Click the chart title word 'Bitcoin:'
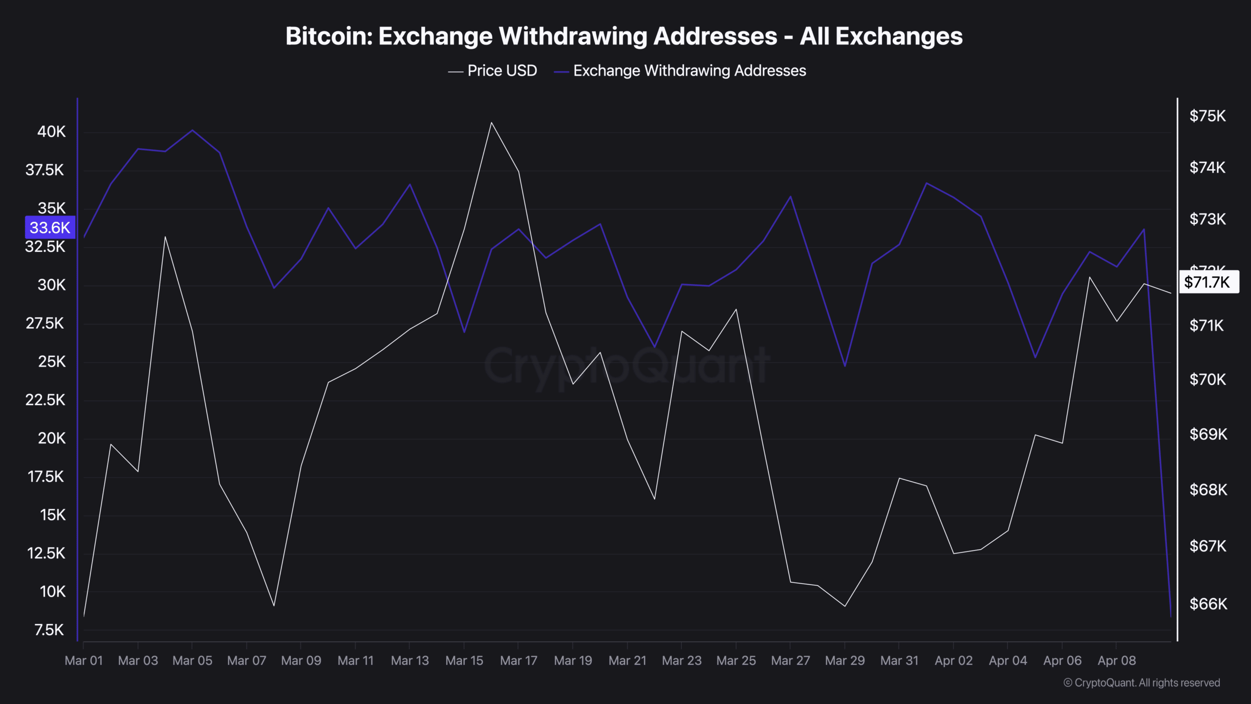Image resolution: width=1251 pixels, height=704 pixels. coord(328,37)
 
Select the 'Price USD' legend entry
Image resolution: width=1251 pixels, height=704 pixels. coord(501,71)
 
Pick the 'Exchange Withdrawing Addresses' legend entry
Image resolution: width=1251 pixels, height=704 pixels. coord(689,71)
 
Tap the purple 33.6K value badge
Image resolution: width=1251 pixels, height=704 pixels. coord(50,227)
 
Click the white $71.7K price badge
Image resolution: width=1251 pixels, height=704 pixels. coord(1208,282)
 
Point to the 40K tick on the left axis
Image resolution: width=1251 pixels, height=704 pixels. coord(51,132)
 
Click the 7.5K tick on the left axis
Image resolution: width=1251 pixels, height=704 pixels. coord(49,630)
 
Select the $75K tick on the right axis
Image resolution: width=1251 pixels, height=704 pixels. coord(1207,116)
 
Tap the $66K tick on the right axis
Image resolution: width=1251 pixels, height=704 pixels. coord(1208,604)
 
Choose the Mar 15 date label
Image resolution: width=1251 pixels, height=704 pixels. coord(464,660)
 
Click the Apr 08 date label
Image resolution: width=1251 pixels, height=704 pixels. coord(1116,660)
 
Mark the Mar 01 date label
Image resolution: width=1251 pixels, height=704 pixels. coord(84,660)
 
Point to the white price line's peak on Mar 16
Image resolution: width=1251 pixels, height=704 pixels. coord(491,123)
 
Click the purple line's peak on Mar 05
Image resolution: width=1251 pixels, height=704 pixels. coord(193,131)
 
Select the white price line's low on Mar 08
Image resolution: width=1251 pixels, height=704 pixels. coord(274,606)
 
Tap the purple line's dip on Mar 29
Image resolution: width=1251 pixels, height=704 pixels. coord(845,366)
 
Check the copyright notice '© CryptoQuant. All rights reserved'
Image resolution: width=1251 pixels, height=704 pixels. coord(1142,683)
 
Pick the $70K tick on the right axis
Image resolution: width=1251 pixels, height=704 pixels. coord(1207,379)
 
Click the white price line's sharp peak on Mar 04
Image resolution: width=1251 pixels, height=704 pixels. coord(165,237)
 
